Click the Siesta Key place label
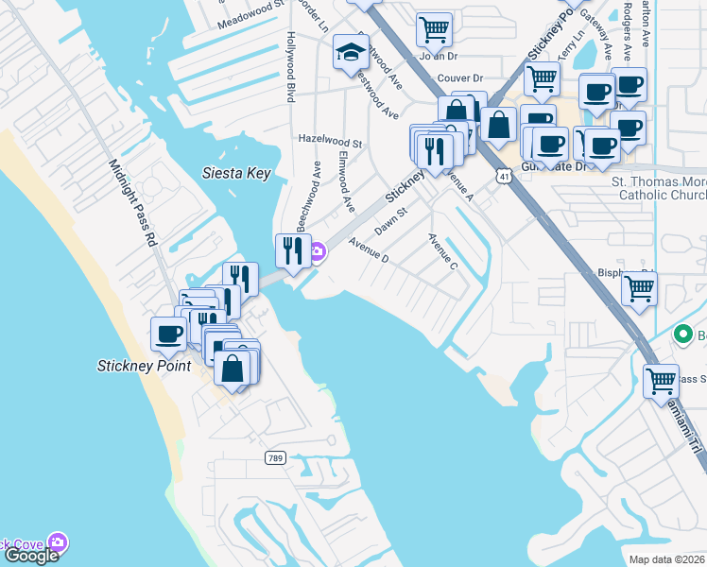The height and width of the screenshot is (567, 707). click(x=237, y=173)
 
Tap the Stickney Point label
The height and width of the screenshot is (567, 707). click(x=144, y=366)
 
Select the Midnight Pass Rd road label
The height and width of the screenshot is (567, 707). click(x=132, y=202)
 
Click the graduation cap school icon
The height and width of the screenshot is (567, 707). click(x=351, y=54)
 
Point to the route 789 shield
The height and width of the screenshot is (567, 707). click(x=274, y=457)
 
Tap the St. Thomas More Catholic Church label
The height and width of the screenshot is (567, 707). click(x=659, y=188)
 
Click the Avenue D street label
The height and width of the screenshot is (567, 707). click(x=368, y=250)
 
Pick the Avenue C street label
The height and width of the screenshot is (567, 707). click(x=443, y=251)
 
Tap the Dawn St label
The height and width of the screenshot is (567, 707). click(x=390, y=223)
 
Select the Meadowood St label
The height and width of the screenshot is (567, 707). click(x=250, y=19)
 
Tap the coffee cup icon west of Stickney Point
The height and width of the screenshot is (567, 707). click(x=169, y=334)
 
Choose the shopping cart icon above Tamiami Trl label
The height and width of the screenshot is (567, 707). click(x=661, y=381)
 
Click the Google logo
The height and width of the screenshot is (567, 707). click(x=31, y=556)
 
